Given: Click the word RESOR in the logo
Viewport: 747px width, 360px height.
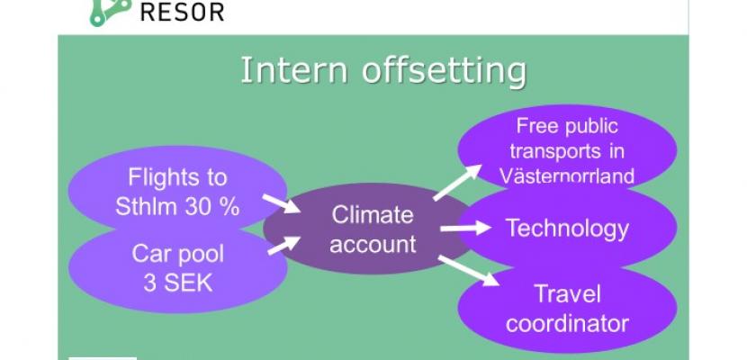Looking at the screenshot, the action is pos(183,12).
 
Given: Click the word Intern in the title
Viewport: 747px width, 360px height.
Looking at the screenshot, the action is pos(294,70).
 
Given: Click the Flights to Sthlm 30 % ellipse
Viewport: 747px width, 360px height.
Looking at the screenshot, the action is pos(177,189).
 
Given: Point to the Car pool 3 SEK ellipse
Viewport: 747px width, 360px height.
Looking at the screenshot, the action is pos(177,269).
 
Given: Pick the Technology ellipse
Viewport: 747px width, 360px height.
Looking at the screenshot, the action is pos(567,228).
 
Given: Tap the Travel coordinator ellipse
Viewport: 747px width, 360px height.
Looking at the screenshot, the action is pos(567,310).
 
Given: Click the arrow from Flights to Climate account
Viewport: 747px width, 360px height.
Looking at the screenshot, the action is pos(281,203).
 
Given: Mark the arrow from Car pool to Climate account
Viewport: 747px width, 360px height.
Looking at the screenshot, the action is pos(283,246).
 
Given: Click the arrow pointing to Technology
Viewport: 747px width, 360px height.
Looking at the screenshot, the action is pos(465,228).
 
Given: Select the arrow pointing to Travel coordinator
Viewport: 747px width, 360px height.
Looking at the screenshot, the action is pos(468,271).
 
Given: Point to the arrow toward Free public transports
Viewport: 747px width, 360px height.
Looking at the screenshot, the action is pos(457,183).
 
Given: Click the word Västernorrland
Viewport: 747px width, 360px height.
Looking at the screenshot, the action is pos(567,176).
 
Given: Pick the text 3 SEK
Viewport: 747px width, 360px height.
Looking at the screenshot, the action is pos(177,283).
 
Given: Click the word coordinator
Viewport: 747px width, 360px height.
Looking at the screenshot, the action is pos(567,323).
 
